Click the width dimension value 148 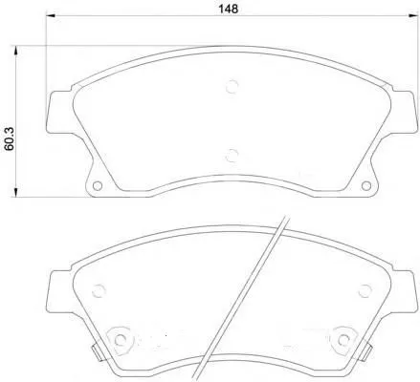(228, 9)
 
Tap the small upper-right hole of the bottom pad (363, 290)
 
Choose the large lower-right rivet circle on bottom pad (342, 339)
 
